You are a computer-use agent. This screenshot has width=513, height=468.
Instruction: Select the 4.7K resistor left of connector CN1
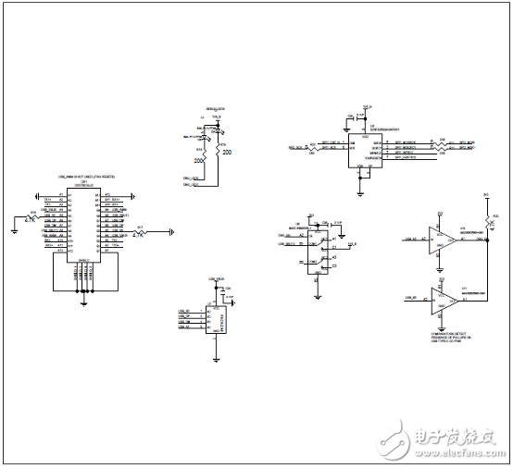[34, 218]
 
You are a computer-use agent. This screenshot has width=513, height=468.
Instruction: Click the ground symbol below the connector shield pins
[83, 300]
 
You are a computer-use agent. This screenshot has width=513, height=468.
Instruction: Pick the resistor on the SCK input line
[316, 147]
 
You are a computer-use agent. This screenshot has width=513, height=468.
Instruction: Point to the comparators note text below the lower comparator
[450, 337]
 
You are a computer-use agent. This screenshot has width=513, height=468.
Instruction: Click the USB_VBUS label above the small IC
[217, 278]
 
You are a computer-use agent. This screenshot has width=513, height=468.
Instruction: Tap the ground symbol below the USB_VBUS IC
[215, 356]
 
